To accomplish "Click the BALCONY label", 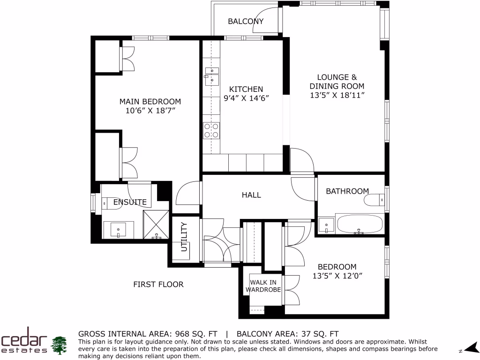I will point(246,21).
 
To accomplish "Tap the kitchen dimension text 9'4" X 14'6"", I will point(246,98).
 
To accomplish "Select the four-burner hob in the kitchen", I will point(211,130).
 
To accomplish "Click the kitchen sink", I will point(212,76).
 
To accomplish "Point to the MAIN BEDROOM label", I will point(150,101).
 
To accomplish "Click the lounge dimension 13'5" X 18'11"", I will point(337,95).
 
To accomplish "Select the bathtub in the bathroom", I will point(360,225).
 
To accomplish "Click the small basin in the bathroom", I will point(326,225).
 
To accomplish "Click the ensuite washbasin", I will point(119,230).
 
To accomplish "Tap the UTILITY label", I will point(184,238).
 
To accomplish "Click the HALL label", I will point(251,195).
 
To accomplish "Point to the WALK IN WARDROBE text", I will point(265,286).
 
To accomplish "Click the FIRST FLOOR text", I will point(158,284).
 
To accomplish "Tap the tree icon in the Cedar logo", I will point(59,345).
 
